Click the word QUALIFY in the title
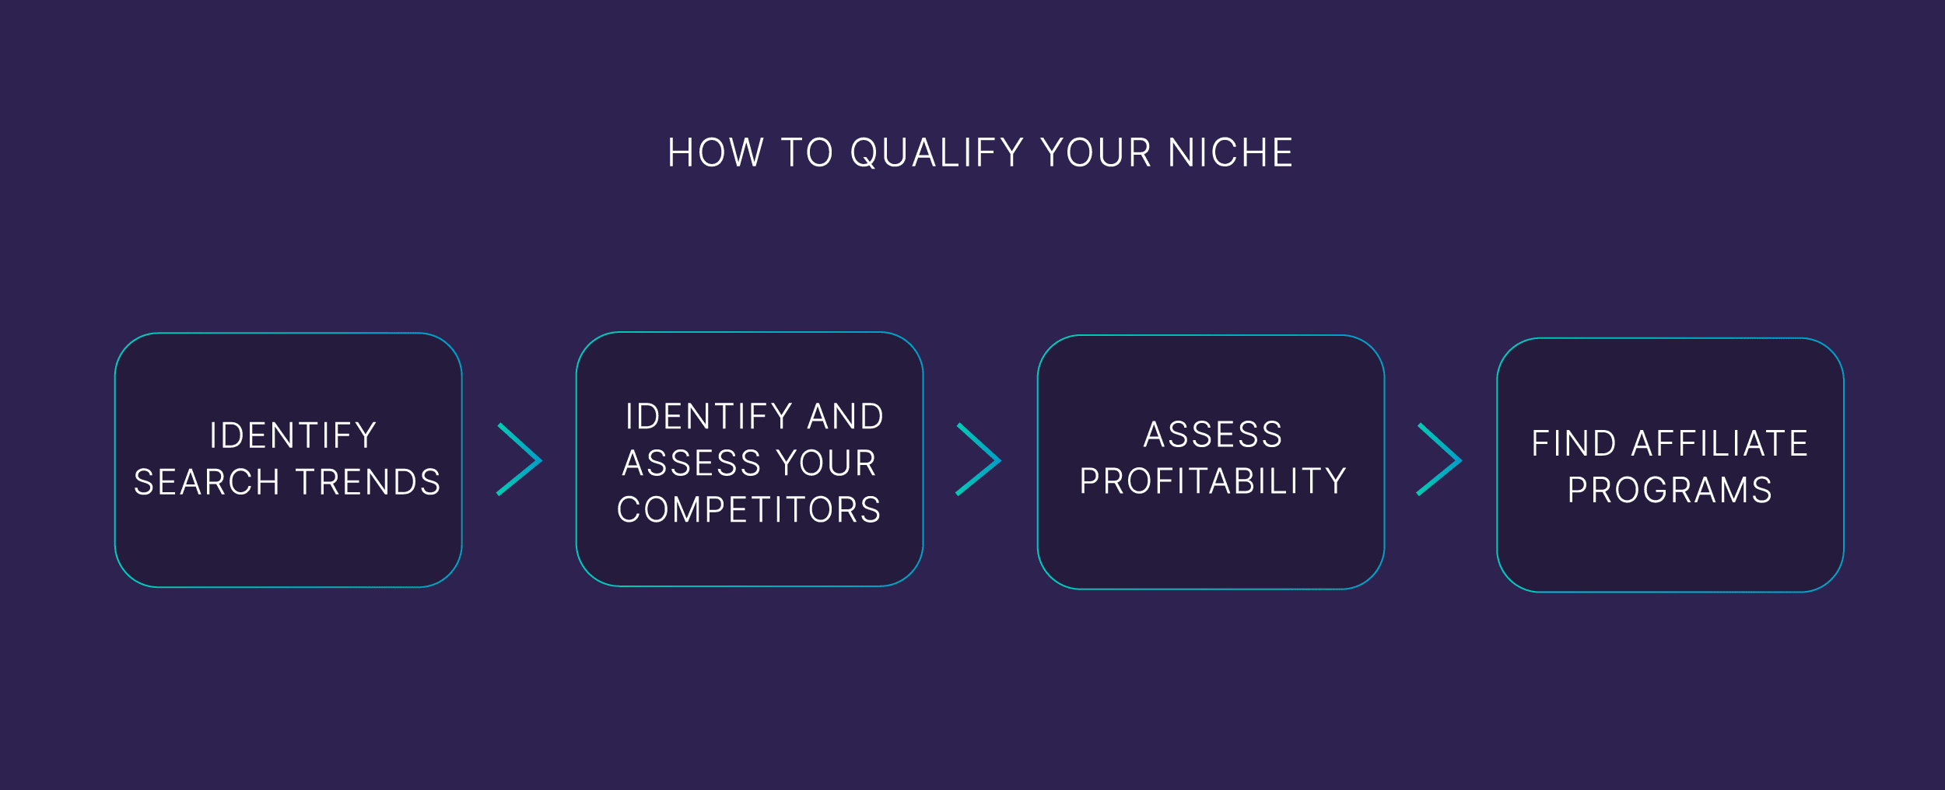(x=937, y=153)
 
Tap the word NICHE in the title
(x=1231, y=153)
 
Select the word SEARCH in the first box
(x=207, y=483)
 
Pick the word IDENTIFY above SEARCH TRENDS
(x=293, y=436)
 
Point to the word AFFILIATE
(x=1719, y=444)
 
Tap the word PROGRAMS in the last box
(x=1670, y=491)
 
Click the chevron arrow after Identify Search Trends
(x=520, y=460)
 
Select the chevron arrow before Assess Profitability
(x=979, y=460)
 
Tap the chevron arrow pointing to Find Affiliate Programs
(x=1439, y=460)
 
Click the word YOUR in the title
(x=1096, y=153)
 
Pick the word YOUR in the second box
(x=827, y=464)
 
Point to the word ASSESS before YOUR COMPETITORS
(x=692, y=464)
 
